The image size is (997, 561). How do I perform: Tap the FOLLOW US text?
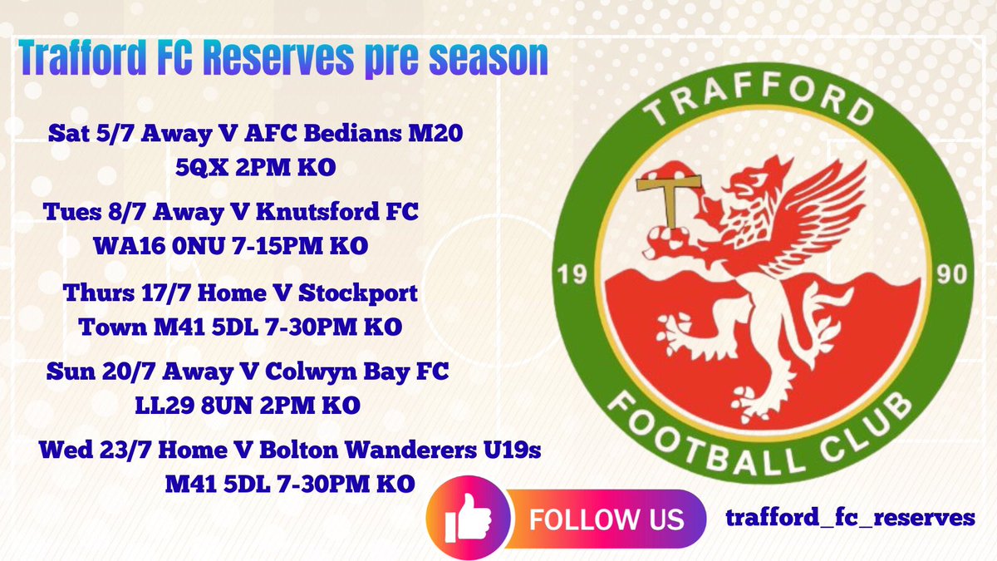point(607,519)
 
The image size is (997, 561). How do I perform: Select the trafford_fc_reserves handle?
point(849,518)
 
